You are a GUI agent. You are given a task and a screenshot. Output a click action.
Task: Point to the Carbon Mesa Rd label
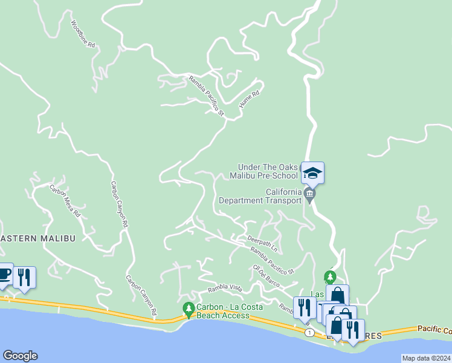[x=65, y=200]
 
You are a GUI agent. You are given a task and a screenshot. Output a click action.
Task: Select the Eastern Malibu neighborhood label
[x=37, y=238]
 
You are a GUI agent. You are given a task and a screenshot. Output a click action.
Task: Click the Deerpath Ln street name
[x=262, y=243]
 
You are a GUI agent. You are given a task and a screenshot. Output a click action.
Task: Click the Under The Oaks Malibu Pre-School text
[x=268, y=171]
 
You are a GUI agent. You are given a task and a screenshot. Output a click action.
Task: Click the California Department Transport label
[x=260, y=196]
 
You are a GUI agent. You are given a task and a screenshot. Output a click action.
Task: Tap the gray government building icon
[x=310, y=194]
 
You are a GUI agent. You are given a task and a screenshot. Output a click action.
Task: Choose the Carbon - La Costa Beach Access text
[x=223, y=311]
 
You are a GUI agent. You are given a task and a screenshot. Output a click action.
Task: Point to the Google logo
[x=19, y=356]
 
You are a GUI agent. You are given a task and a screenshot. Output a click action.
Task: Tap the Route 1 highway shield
[x=309, y=333]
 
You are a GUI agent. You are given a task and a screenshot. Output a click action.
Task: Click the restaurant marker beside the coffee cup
[x=24, y=277]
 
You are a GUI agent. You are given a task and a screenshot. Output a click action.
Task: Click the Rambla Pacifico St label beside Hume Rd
[x=206, y=96]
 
